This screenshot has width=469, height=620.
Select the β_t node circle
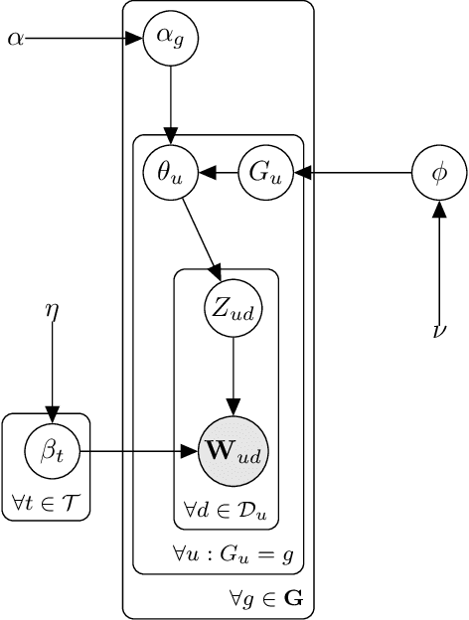[53, 451]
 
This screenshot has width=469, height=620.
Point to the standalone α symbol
[14, 40]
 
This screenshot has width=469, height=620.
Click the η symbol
[53, 310]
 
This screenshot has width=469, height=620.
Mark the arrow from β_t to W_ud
[139, 451]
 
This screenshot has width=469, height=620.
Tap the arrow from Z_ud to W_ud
[233, 373]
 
